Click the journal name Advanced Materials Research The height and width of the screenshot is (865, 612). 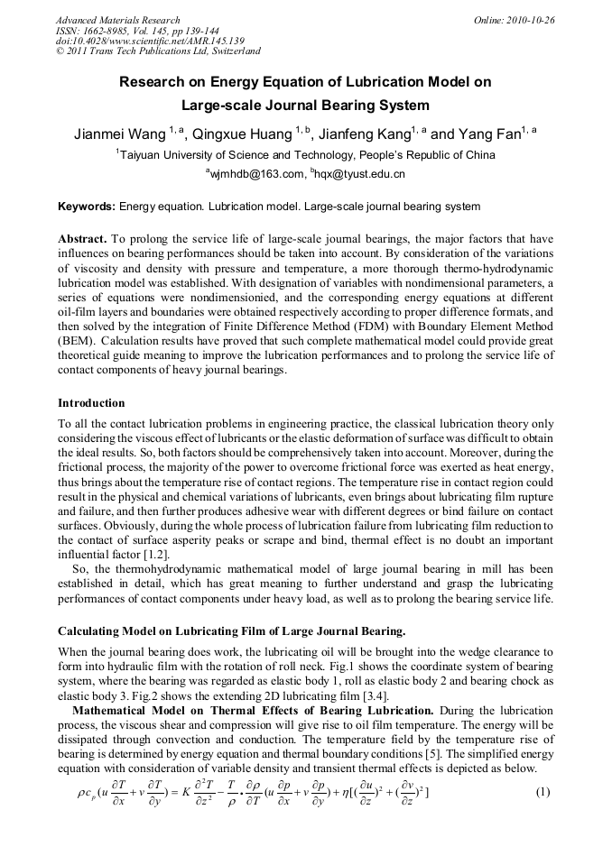[x=117, y=20]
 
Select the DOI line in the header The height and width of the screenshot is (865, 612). [x=150, y=41]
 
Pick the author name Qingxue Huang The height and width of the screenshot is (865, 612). [x=245, y=134]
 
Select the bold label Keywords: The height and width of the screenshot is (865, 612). [x=87, y=207]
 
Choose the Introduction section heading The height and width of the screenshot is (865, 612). [x=91, y=402]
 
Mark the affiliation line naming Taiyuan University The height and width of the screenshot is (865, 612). [x=306, y=154]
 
